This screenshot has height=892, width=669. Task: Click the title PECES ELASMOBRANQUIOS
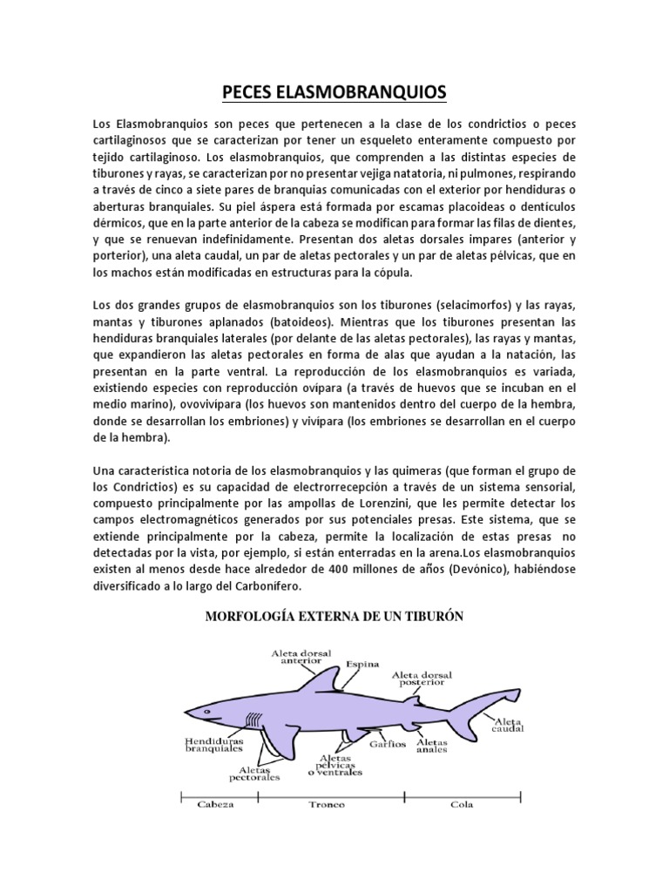(334, 91)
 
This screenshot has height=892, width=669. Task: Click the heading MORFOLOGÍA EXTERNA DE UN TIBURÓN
(334, 617)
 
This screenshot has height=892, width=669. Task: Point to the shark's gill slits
(253, 720)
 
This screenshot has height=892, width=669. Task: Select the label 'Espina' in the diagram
(363, 664)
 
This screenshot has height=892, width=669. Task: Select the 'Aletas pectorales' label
(260, 774)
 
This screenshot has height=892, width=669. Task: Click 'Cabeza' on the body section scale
(215, 804)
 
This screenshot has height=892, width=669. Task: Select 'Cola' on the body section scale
(462, 804)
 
